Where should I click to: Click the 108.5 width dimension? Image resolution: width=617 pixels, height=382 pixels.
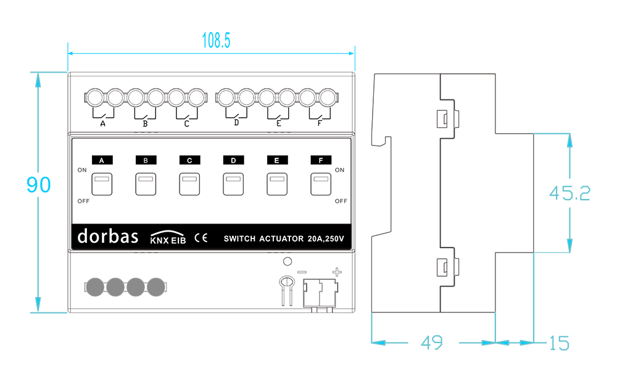point(216,41)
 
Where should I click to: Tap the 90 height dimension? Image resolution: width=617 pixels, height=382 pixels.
point(38,185)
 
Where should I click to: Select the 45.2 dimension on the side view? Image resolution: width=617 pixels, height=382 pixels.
point(569,193)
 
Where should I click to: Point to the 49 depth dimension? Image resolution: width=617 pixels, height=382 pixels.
point(432,343)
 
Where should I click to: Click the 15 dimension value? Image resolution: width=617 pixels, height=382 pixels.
point(559,343)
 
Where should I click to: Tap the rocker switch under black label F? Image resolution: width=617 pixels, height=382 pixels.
point(321,184)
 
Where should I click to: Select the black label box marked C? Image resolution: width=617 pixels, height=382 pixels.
point(189,160)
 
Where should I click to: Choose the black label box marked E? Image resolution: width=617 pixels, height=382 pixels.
point(277,160)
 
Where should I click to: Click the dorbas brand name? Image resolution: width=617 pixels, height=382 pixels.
point(108,236)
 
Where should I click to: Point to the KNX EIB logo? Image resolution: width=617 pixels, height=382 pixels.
point(168,238)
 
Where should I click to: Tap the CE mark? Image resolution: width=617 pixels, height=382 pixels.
point(201,238)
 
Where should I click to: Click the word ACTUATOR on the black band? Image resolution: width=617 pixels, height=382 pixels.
point(281,238)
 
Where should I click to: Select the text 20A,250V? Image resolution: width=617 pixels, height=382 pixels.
point(326,238)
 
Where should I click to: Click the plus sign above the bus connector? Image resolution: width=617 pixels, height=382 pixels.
point(337,272)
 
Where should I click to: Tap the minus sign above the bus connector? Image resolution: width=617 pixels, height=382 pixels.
point(302,272)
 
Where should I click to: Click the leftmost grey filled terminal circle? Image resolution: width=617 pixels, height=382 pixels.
point(95,287)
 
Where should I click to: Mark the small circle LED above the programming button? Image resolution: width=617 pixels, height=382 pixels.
point(288,261)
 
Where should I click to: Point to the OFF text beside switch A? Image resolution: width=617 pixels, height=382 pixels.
point(83,201)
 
